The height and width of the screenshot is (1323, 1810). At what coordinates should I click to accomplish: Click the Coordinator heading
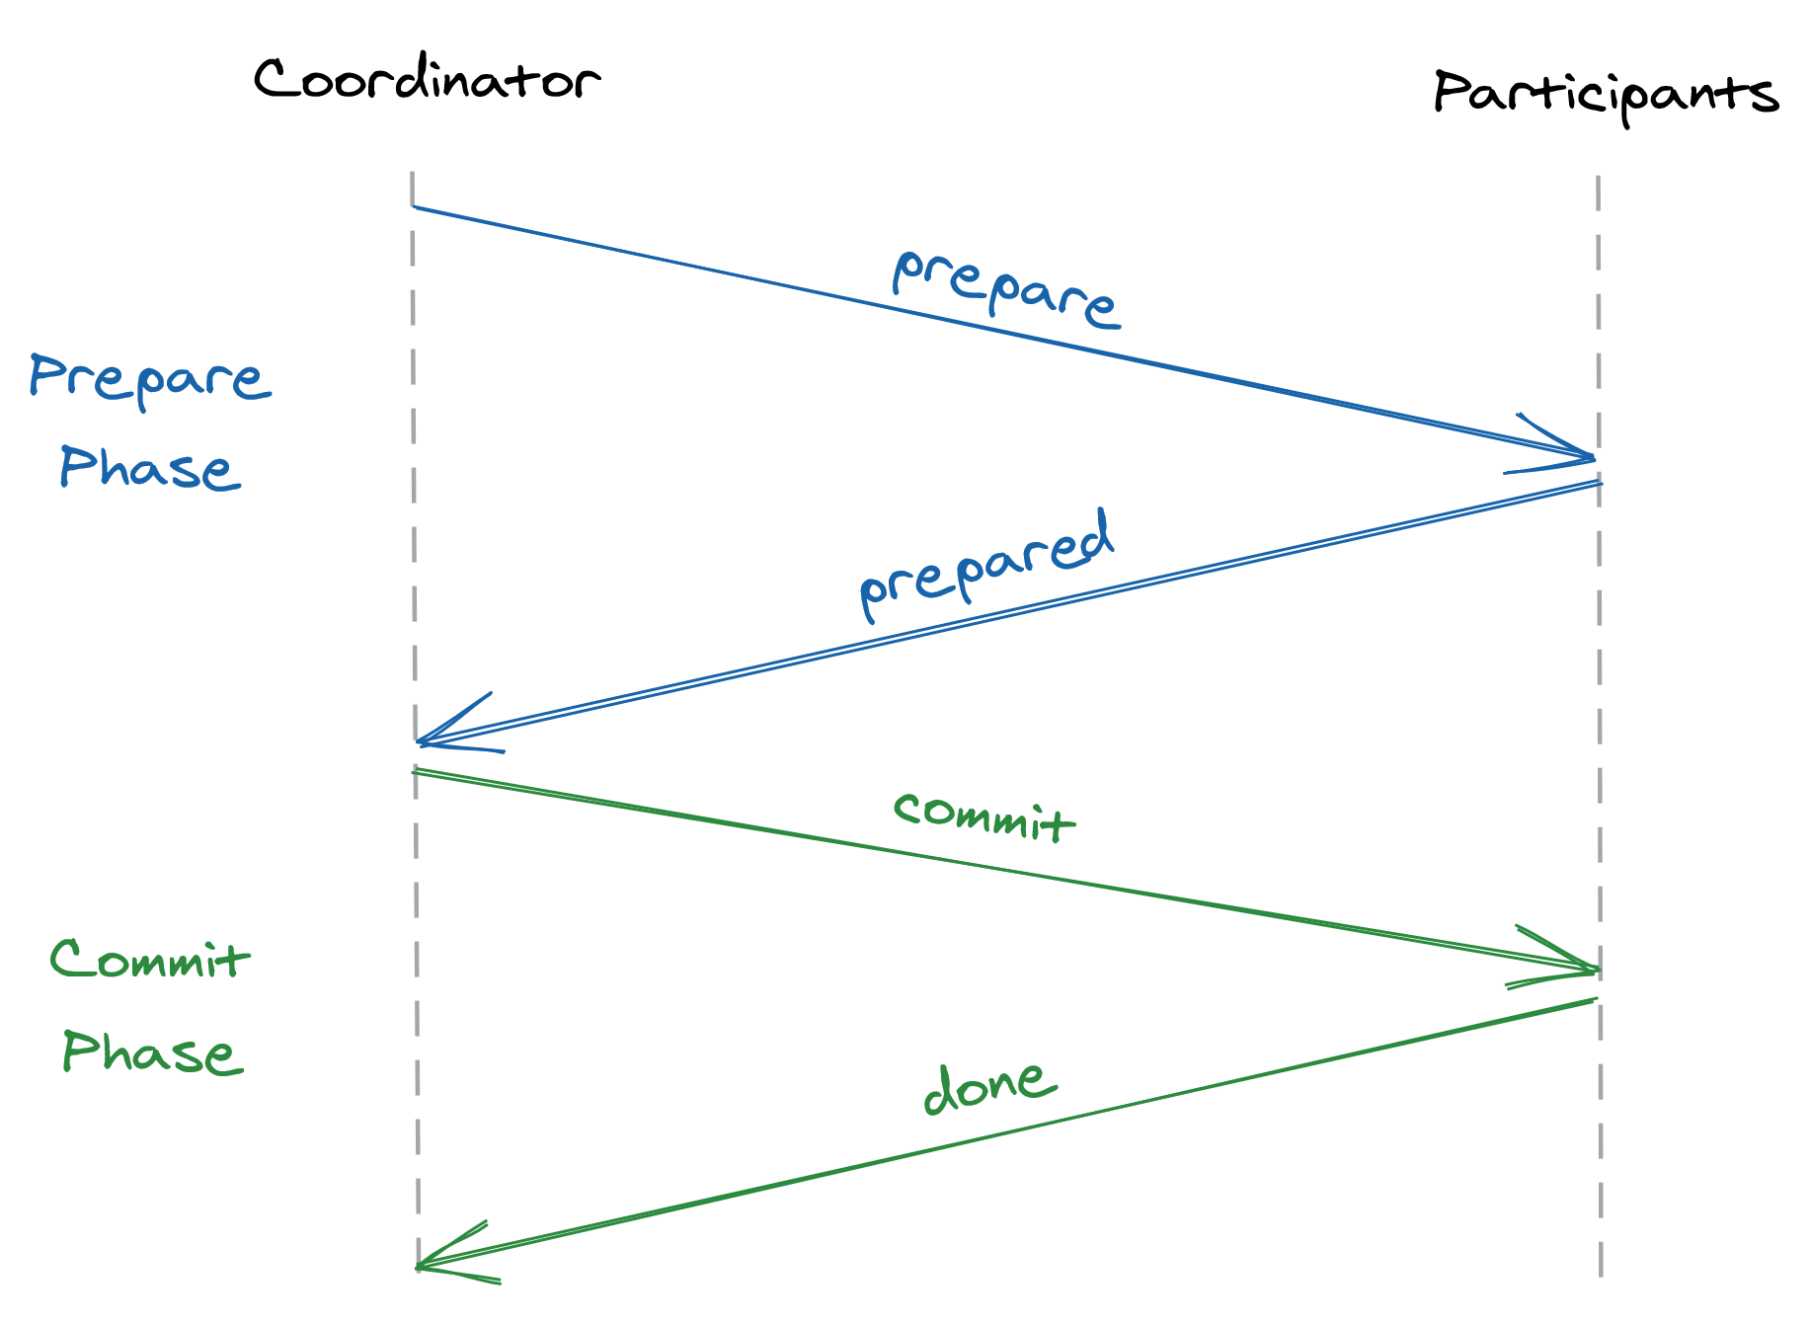point(427,79)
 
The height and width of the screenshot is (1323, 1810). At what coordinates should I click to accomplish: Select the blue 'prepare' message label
point(1005,287)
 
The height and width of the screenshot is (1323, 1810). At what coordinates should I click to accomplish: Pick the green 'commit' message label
point(984,817)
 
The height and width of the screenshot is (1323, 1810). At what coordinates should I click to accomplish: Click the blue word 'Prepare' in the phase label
point(150,379)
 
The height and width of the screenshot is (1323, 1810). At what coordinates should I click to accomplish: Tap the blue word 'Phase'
point(150,467)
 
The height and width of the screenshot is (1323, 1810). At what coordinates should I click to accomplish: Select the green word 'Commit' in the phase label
point(150,959)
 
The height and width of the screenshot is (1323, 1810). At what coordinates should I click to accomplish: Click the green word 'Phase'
point(152,1052)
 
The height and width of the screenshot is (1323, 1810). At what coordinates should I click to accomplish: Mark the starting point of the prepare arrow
point(414,206)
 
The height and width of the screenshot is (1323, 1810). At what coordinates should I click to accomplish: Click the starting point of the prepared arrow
point(1599,483)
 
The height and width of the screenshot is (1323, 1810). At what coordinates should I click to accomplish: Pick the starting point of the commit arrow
point(415,771)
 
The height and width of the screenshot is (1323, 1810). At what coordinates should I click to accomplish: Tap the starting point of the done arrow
point(1595,1000)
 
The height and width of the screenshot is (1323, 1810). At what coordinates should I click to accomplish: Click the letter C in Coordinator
point(273,78)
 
